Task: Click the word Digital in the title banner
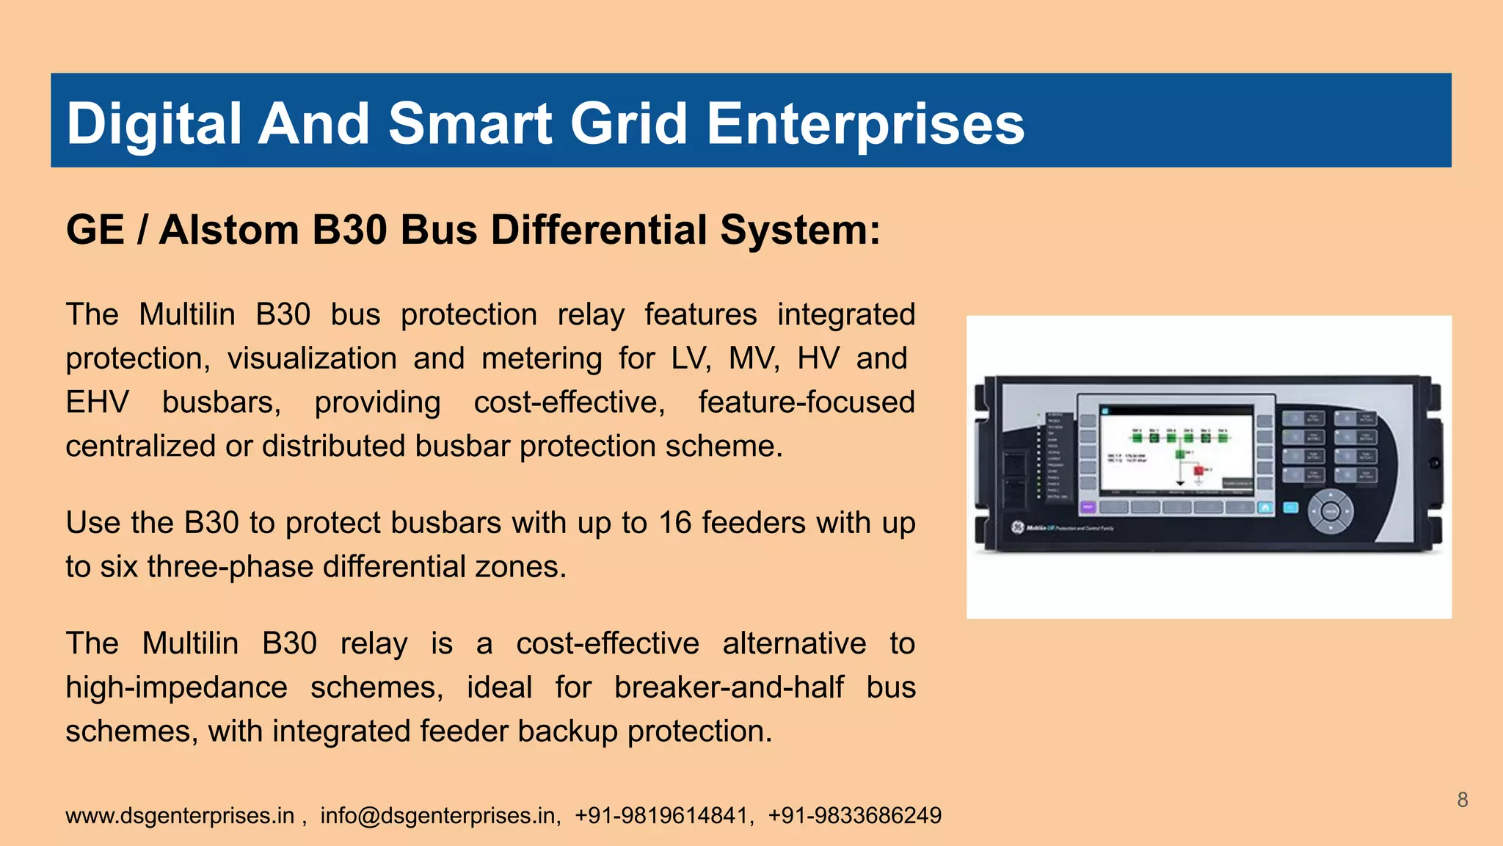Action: (154, 123)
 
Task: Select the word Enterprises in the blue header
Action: (865, 123)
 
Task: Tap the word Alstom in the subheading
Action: (230, 230)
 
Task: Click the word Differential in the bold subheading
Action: (599, 230)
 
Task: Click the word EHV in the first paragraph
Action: (97, 402)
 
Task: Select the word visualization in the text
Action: (312, 358)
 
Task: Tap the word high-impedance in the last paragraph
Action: (176, 687)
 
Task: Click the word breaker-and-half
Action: (729, 687)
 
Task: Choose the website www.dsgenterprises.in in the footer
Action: (180, 816)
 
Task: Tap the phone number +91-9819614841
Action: (661, 816)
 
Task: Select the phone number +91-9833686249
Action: (854, 816)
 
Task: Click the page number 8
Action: (1462, 800)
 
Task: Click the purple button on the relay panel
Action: (1088, 507)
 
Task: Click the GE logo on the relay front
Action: (1017, 527)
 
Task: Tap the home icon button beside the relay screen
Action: (1264, 507)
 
